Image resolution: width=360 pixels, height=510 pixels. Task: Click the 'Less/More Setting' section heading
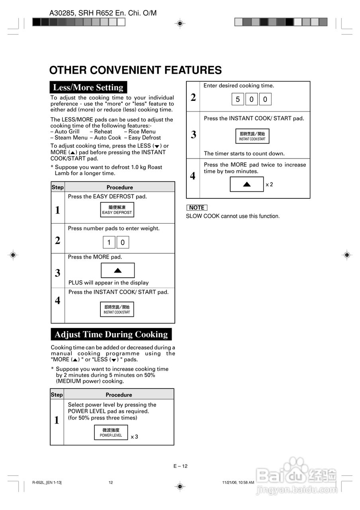tap(88, 87)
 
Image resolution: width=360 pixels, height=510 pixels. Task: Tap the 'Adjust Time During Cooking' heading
tap(111, 334)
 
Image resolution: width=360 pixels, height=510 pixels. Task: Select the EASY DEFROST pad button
tap(117, 210)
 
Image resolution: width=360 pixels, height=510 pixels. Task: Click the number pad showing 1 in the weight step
tap(109, 242)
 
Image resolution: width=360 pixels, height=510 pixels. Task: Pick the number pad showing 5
tap(238, 99)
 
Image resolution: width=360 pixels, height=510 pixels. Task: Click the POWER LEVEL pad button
tap(111, 432)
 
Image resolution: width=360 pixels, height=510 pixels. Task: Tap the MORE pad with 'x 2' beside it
tap(247, 184)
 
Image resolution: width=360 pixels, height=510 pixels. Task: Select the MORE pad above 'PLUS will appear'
tap(117, 270)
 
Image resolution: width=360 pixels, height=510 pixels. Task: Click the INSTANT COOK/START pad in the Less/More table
tap(117, 309)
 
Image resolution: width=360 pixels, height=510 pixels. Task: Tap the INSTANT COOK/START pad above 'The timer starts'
tap(252, 136)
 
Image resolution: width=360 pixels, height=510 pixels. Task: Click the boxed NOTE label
tap(197, 208)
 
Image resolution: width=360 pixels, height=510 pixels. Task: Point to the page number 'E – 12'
tap(180, 466)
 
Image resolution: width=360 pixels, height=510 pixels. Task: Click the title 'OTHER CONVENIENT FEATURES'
tap(135, 71)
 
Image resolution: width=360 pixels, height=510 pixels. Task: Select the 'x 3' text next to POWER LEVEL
tap(135, 437)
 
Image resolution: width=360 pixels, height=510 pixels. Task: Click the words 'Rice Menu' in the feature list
tap(142, 131)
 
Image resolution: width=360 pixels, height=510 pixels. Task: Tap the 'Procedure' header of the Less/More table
tap(119, 187)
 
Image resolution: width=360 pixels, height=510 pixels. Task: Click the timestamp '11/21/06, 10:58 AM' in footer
tap(238, 483)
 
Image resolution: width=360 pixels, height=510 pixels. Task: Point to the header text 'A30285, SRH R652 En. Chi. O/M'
tap(103, 13)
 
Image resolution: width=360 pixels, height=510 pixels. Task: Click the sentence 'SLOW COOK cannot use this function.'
tap(233, 216)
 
